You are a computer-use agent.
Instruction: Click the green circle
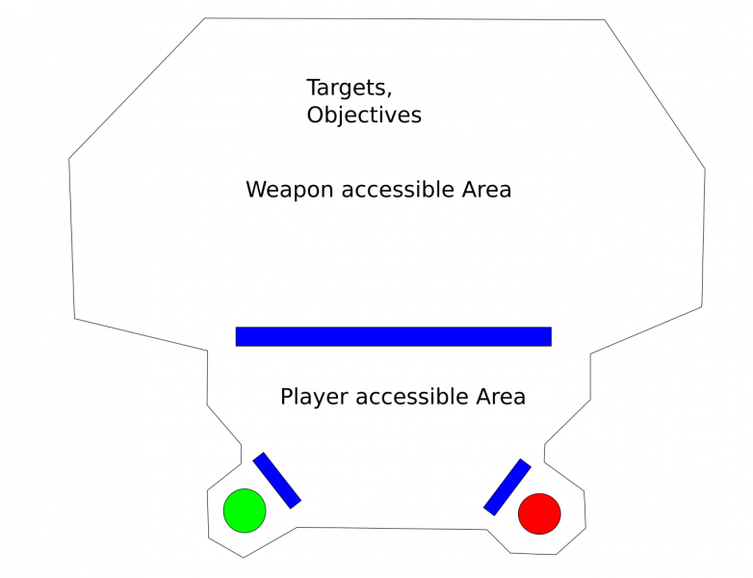pyautogui.click(x=245, y=511)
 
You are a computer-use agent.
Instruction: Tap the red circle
pyautogui.click(x=539, y=513)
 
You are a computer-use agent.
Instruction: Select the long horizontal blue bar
pyautogui.click(x=393, y=336)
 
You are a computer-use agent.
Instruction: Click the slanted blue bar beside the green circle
pyautogui.click(x=277, y=480)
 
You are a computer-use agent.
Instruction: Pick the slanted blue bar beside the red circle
pyautogui.click(x=507, y=486)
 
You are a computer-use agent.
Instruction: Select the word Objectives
pyautogui.click(x=364, y=115)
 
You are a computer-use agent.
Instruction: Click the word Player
pyautogui.click(x=313, y=397)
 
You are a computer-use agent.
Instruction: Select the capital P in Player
pyautogui.click(x=286, y=397)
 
